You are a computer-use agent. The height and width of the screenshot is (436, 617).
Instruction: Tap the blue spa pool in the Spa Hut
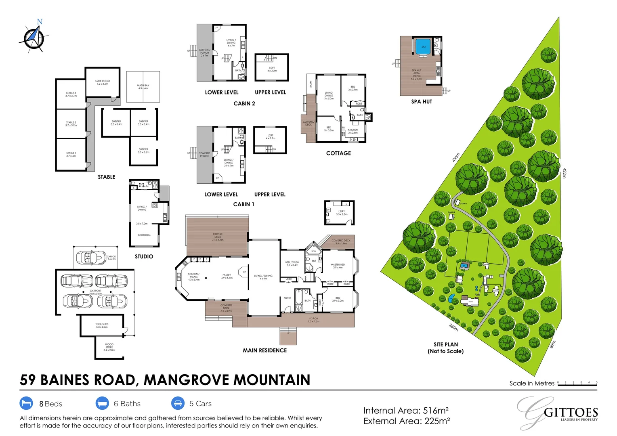pyautogui.click(x=424, y=46)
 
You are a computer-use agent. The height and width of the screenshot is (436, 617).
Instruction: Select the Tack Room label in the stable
pyautogui.click(x=102, y=82)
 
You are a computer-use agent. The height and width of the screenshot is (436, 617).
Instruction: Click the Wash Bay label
pyautogui.click(x=143, y=87)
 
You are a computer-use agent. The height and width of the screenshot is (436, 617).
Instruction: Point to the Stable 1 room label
pyautogui.click(x=71, y=154)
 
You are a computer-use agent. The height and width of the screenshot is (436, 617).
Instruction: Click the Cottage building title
pyautogui.click(x=338, y=153)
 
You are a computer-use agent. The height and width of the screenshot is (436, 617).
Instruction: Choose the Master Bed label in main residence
pyautogui.click(x=338, y=266)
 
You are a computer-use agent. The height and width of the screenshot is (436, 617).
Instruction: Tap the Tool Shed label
pyautogui.click(x=102, y=325)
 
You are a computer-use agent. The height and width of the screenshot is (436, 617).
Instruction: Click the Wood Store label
pyautogui.click(x=109, y=347)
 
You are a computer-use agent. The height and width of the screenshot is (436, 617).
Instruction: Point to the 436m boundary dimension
pyautogui.click(x=456, y=157)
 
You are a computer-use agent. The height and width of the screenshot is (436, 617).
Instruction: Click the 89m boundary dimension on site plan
pyautogui.click(x=553, y=344)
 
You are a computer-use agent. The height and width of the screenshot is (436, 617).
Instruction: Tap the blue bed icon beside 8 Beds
pyautogui.click(x=26, y=403)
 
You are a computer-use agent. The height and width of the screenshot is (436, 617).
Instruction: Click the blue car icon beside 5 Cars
pyautogui.click(x=178, y=403)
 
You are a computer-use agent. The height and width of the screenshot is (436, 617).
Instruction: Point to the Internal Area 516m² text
pyautogui.click(x=406, y=411)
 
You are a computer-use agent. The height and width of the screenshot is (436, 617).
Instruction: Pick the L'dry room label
pyautogui.click(x=342, y=213)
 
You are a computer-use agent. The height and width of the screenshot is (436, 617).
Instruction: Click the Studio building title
pyautogui.click(x=144, y=257)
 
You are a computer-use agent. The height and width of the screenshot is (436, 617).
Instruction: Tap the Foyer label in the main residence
pyautogui.click(x=287, y=298)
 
